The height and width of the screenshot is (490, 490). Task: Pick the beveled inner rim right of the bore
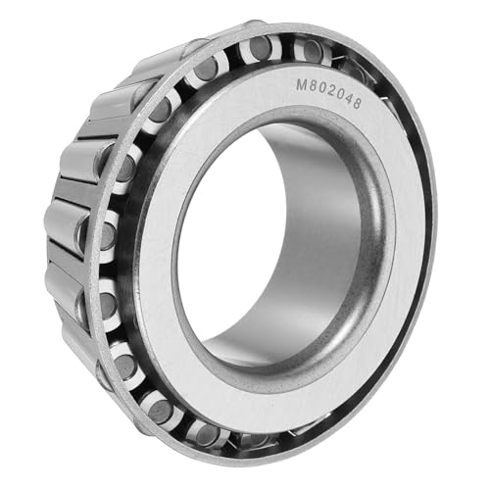(x=377, y=245)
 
